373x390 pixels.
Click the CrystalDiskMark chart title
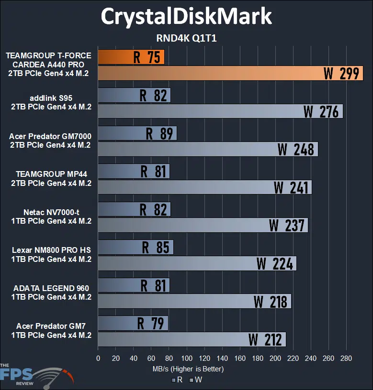tap(186, 17)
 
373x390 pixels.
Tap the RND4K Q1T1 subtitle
tap(186, 38)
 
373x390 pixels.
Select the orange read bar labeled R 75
tap(131, 57)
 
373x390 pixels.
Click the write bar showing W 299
tap(230, 73)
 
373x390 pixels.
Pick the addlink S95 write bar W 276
tap(220, 111)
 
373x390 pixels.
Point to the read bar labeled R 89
tap(137, 133)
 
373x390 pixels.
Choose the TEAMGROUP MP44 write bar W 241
tap(204, 187)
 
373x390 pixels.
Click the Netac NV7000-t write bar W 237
tap(203, 225)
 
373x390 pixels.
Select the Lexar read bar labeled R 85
tap(136, 247)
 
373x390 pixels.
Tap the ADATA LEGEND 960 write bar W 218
tap(194, 301)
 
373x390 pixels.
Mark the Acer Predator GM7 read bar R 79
tap(133, 323)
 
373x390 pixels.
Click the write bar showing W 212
tap(192, 339)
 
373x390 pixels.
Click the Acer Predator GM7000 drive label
tap(50, 141)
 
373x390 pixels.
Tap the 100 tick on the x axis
tap(186, 358)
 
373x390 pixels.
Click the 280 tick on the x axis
tap(346, 358)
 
